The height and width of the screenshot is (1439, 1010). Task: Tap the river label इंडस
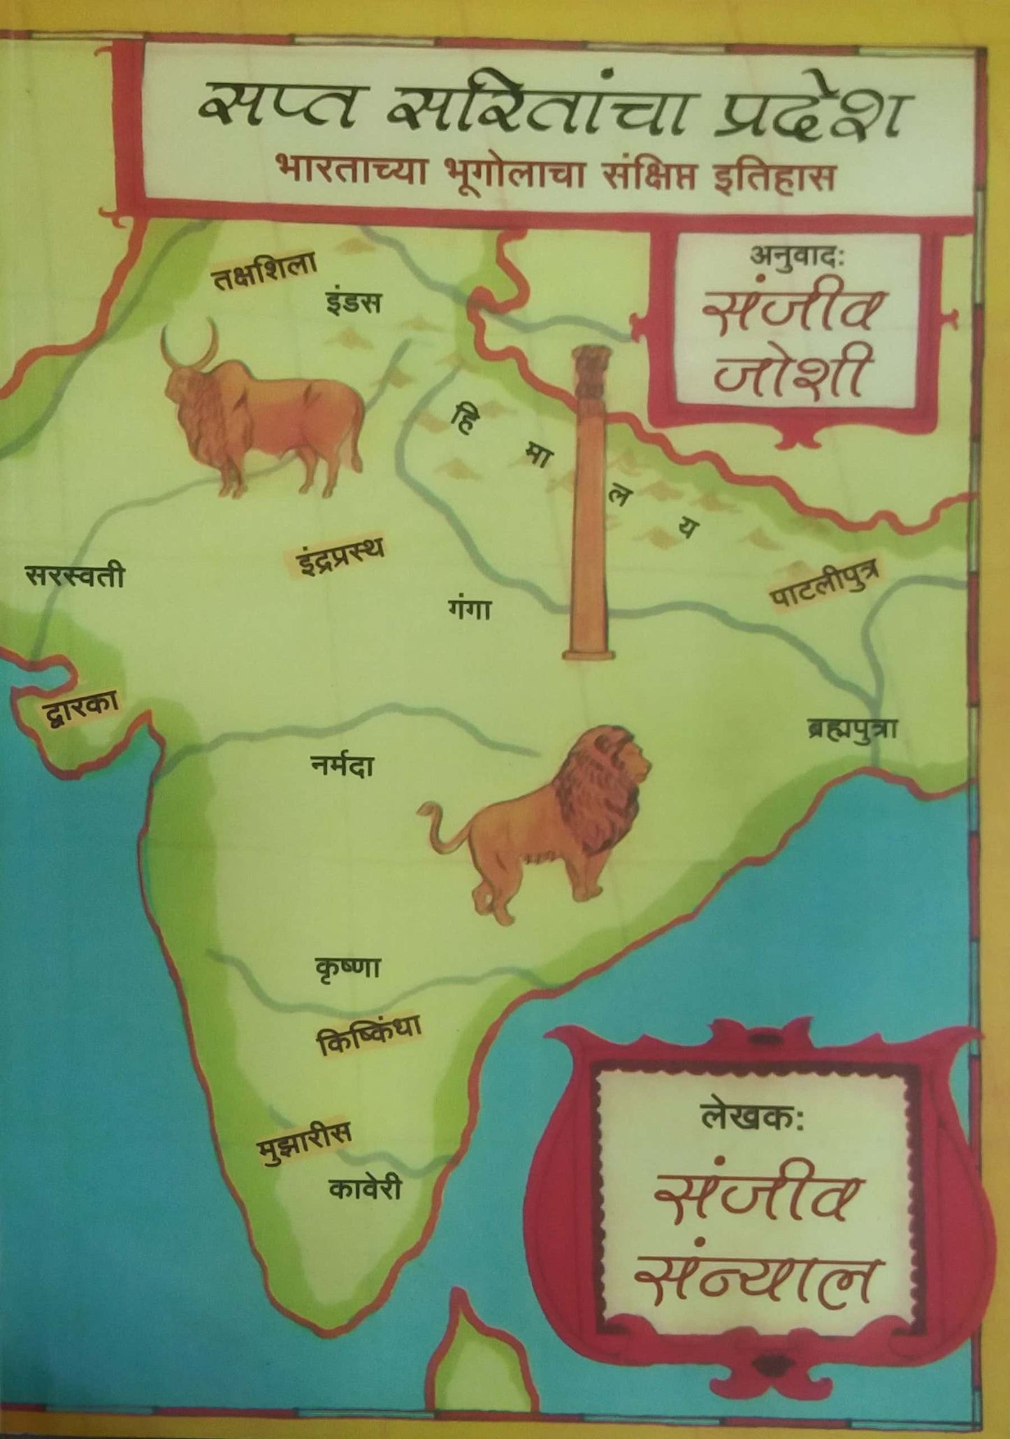tap(353, 303)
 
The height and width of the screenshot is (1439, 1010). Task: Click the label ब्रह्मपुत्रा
tap(851, 730)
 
